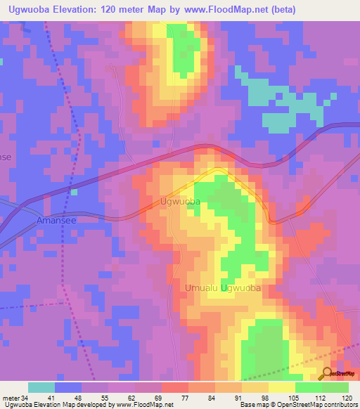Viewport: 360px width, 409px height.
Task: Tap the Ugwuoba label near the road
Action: click(181, 202)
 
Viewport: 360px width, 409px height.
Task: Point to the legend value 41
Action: click(55, 397)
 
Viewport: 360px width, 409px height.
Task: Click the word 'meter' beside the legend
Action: click(9, 397)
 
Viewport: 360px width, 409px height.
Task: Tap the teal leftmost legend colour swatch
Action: click(41, 387)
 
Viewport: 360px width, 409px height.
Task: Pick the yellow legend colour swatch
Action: click(282, 387)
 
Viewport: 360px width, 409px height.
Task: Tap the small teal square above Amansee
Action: click(73, 191)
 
